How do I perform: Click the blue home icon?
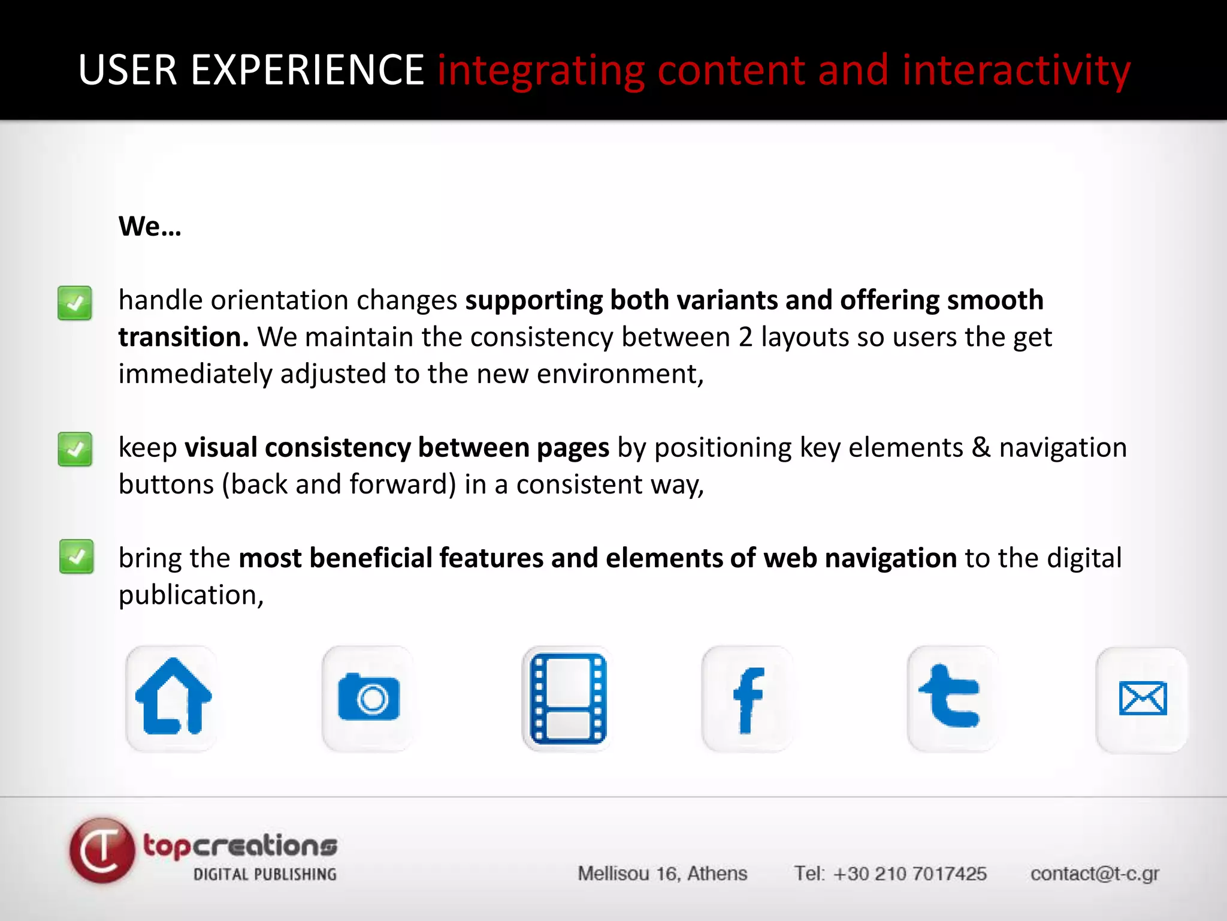[173, 698]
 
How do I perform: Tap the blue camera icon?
[368, 698]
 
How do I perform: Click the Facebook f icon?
[748, 699]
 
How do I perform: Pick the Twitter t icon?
[951, 697]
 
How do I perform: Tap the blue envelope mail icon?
[1143, 699]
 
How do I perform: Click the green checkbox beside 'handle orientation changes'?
[75, 303]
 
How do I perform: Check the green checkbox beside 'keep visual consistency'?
[75, 449]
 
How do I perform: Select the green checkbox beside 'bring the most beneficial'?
[76, 557]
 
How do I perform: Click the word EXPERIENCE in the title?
[307, 70]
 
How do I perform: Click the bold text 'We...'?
[150, 227]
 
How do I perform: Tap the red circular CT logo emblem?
[102, 850]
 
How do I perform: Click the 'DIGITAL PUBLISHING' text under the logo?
[264, 874]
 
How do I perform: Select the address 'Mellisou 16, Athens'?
[662, 874]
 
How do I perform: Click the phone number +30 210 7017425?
[909, 874]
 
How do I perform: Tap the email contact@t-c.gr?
[1095, 874]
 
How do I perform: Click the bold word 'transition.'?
[183, 337]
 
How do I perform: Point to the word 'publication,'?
[191, 595]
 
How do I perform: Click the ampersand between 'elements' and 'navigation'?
[981, 447]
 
